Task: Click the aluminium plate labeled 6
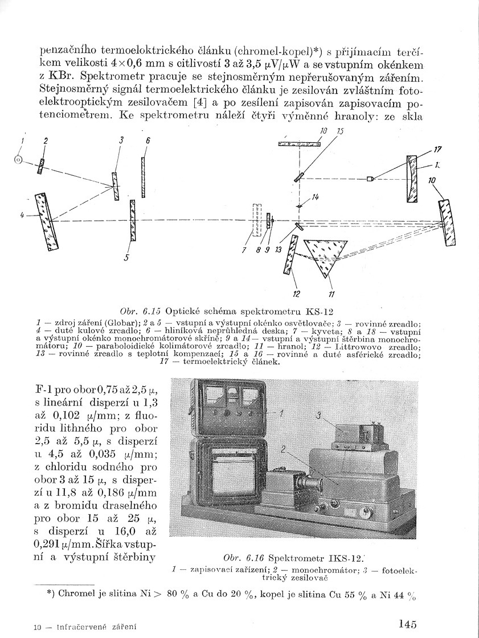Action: (x=143, y=177)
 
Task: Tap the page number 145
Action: (x=408, y=624)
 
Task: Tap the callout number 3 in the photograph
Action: (x=320, y=416)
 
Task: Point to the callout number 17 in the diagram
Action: (x=437, y=150)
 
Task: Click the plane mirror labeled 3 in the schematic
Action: (x=116, y=186)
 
